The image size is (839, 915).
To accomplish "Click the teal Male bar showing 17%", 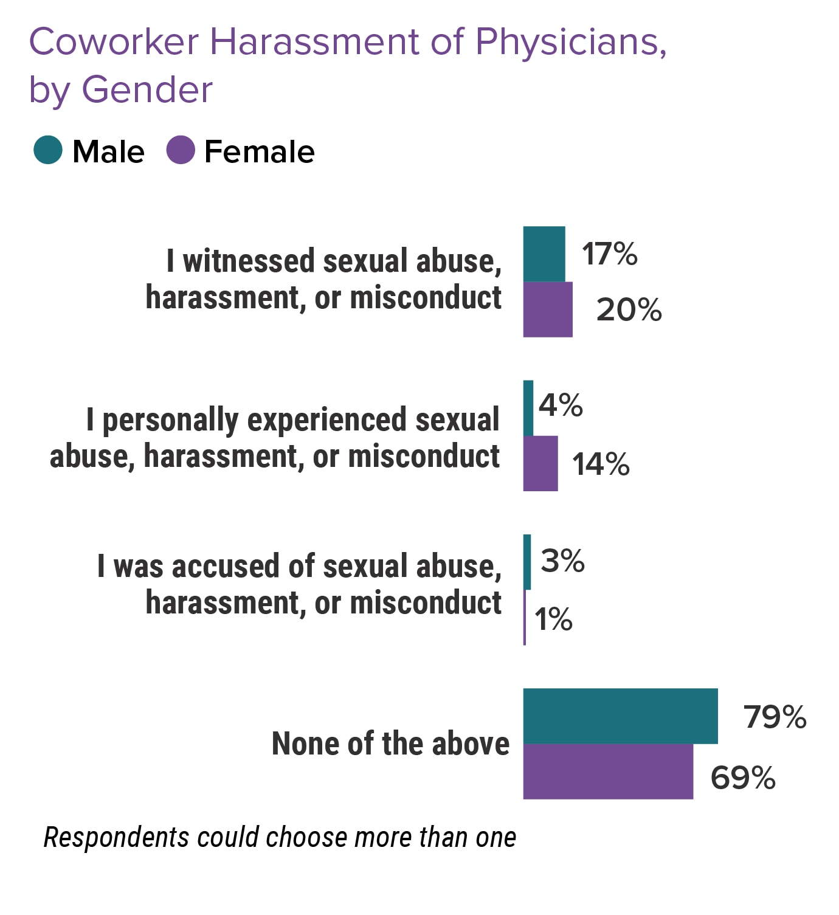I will pyautogui.click(x=544, y=254).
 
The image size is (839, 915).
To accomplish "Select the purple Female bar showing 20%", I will pyautogui.click(x=548, y=309).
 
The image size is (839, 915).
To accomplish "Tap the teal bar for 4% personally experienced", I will pyautogui.click(x=528, y=408).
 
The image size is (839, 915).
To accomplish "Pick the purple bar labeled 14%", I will pyautogui.click(x=540, y=463).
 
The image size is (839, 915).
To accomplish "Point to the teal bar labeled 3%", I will pyautogui.click(x=527, y=562).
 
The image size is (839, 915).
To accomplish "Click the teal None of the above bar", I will pyautogui.click(x=620, y=716).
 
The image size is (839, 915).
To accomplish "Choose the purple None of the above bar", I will pyautogui.click(x=608, y=772).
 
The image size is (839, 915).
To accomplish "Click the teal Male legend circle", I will pyautogui.click(x=48, y=150).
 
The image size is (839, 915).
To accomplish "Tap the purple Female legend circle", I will pyautogui.click(x=181, y=150).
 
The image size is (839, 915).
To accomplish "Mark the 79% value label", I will pyautogui.click(x=775, y=717).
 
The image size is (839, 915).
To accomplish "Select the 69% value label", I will pyautogui.click(x=743, y=778).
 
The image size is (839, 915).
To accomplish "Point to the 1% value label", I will pyautogui.click(x=553, y=620).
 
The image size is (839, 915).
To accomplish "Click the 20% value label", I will pyautogui.click(x=629, y=310).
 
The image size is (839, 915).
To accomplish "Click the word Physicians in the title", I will pyautogui.click(x=571, y=43).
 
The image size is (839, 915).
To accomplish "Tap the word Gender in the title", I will pyautogui.click(x=147, y=90).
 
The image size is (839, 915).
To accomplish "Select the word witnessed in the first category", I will pyautogui.click(x=249, y=261).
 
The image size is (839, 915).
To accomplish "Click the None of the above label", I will pyautogui.click(x=390, y=743).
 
